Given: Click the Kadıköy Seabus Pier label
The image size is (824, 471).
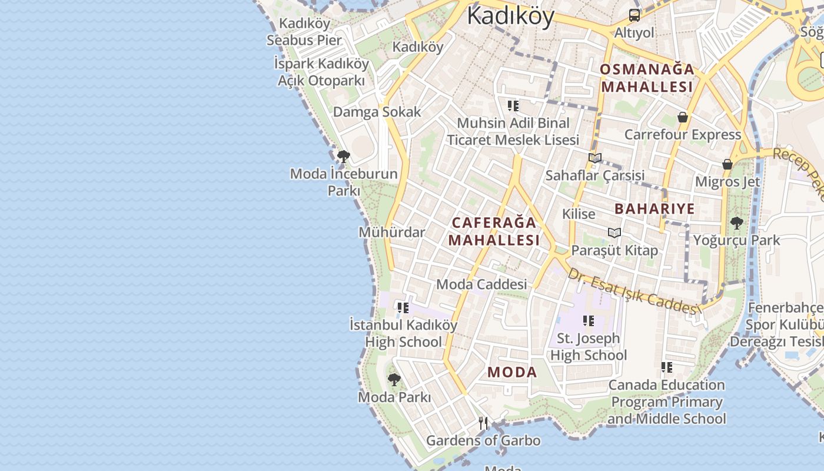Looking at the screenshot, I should click(x=304, y=32).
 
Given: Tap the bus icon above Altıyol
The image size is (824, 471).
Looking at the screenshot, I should click(x=634, y=15).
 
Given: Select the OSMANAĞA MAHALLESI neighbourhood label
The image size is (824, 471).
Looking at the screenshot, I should click(x=647, y=78).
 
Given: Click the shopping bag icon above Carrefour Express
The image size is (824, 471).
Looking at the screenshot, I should click(x=683, y=117).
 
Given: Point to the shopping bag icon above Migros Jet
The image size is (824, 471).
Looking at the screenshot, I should click(x=727, y=164).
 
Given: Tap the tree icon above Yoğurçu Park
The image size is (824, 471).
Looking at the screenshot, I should click(x=736, y=223).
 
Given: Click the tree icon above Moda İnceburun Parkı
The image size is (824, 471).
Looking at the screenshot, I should click(x=344, y=157).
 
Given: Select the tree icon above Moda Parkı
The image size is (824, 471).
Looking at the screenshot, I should click(x=394, y=380).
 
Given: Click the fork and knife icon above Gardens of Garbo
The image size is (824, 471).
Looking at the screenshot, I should click(x=483, y=423).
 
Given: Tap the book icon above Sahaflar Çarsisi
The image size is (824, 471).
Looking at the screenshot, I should click(x=595, y=158).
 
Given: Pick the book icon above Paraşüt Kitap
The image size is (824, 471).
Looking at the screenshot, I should click(x=614, y=233).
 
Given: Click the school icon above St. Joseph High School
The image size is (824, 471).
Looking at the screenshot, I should click(x=588, y=321).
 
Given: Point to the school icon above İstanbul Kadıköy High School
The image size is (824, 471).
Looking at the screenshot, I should click(x=403, y=307).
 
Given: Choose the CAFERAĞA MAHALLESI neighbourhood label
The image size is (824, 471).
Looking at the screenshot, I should click(x=494, y=231).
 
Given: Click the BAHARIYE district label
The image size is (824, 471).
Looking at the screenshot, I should click(x=654, y=208).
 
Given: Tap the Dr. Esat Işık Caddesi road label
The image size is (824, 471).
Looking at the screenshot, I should click(x=633, y=291).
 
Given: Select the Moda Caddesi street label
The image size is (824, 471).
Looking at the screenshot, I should click(x=481, y=284).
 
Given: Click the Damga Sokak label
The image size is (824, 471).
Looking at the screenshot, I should click(x=377, y=112).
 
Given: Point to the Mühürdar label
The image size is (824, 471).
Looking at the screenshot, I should click(x=391, y=232).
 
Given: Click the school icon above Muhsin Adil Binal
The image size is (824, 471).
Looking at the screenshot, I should click(x=513, y=106).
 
